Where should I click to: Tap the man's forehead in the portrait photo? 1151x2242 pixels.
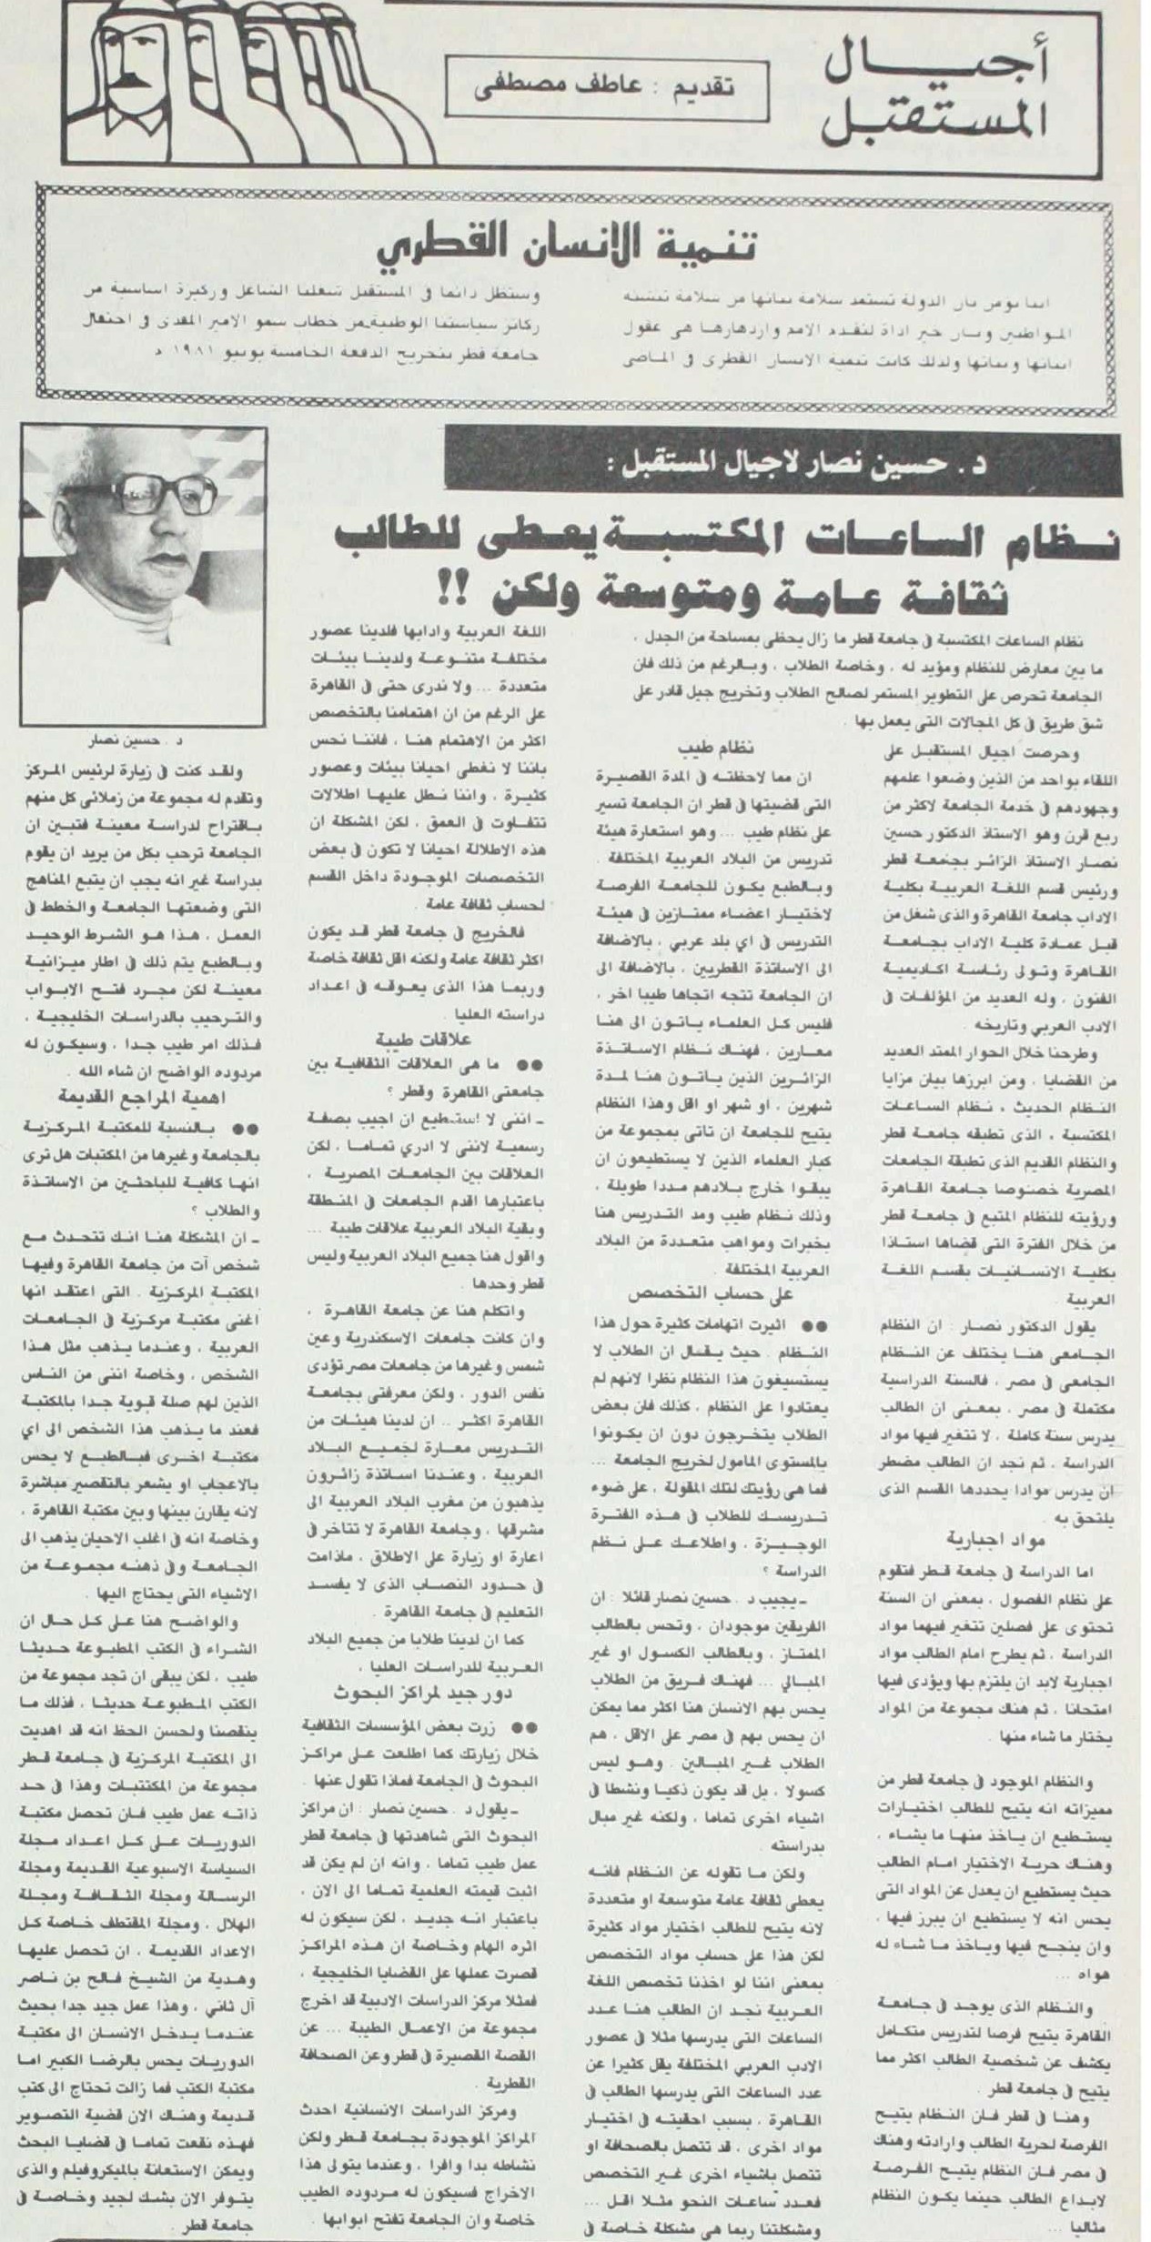[159, 464]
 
